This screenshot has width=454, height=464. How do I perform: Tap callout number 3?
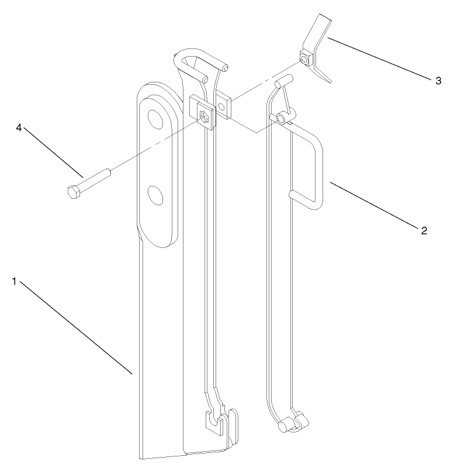coord(438,81)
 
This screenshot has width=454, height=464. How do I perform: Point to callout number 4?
coord(19,128)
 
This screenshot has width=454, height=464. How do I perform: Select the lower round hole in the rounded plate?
coord(155,195)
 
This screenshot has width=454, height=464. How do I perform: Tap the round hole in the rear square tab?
coord(223,108)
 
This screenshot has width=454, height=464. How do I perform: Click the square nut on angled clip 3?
coord(305,58)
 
